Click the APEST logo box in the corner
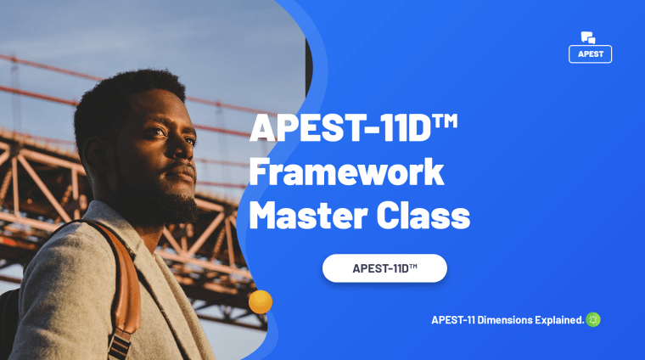[x=590, y=53]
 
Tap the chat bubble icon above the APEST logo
[x=588, y=37]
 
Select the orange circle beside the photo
[x=261, y=301]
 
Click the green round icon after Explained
[x=593, y=320]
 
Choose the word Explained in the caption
[x=561, y=320]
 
